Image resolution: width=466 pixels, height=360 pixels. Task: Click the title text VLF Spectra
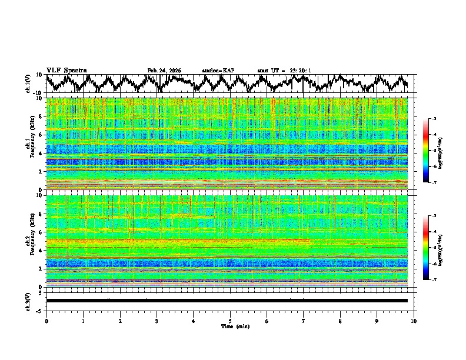[66, 70]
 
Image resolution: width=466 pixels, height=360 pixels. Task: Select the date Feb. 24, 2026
[164, 71]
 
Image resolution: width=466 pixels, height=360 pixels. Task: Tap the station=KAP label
[218, 71]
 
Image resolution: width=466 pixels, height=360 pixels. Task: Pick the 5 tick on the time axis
[230, 321]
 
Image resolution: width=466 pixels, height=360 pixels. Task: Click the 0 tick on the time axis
[46, 321]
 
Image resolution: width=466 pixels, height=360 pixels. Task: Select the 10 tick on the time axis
[414, 321]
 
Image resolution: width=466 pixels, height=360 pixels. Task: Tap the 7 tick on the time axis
[304, 321]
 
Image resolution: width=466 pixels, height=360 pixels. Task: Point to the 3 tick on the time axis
[157, 321]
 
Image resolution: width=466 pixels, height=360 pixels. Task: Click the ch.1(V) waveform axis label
[29, 84]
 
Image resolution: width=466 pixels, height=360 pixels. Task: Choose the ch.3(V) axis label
[29, 301]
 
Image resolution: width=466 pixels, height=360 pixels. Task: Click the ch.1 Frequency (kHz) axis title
[29, 144]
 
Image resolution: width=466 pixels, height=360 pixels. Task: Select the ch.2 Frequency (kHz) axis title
[29, 241]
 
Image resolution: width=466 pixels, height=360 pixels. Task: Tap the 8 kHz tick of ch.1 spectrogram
[41, 116]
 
